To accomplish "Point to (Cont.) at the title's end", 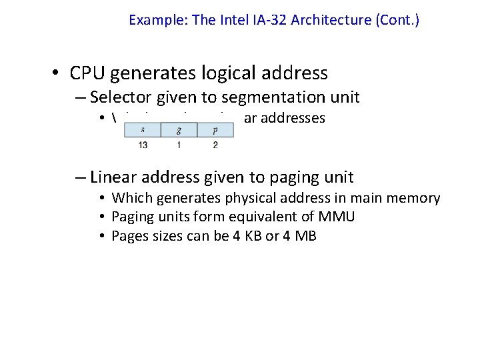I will [398, 20].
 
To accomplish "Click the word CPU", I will [89, 73].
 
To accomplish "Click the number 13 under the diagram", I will [143, 145].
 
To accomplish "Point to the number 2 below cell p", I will [215, 145].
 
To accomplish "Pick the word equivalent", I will [257, 217].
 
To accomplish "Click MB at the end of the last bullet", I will [306, 235].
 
